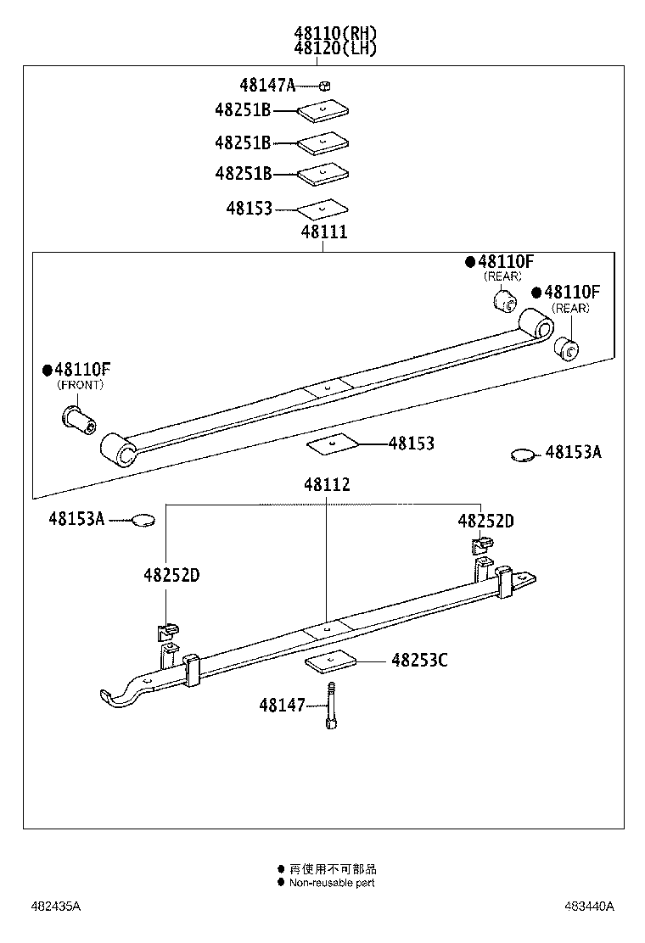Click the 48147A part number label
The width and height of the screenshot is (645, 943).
click(266, 85)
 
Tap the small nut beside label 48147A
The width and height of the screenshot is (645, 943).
click(325, 85)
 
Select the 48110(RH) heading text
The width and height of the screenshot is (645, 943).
click(335, 34)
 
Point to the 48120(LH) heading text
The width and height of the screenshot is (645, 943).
click(335, 49)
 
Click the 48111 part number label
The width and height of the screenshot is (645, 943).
click(323, 232)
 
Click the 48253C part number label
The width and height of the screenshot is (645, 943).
click(418, 660)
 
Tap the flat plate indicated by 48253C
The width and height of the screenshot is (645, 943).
click(329, 661)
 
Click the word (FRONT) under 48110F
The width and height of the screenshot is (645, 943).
click(81, 385)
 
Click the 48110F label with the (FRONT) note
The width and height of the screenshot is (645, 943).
click(82, 369)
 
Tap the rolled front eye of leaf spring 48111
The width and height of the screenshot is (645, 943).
click(118, 450)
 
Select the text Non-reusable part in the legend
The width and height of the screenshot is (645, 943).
click(331, 883)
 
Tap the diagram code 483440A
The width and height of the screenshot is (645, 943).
click(589, 907)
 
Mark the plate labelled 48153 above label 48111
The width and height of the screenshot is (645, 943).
click(322, 209)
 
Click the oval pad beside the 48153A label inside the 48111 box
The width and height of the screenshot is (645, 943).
click(524, 455)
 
